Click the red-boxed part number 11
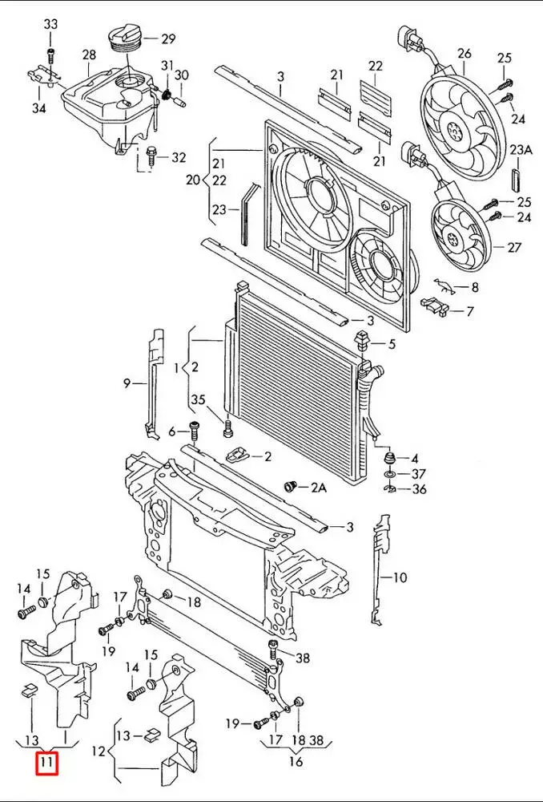[x=46, y=763]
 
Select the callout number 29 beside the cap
[x=168, y=38]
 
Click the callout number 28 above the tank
[x=88, y=55]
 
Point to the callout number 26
[x=465, y=55]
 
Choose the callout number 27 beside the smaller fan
[x=514, y=248]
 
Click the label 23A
[x=521, y=149]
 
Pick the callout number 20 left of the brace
[x=192, y=180]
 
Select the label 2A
[x=320, y=488]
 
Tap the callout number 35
[x=198, y=400]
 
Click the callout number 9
[x=127, y=383]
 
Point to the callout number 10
[x=400, y=576]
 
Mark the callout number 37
[x=419, y=473]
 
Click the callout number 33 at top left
[x=50, y=25]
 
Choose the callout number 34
[x=39, y=109]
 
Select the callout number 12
[x=99, y=751]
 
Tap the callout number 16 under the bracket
[x=296, y=761]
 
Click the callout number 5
[x=392, y=345]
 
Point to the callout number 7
[x=470, y=310]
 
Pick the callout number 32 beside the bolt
[x=178, y=157]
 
